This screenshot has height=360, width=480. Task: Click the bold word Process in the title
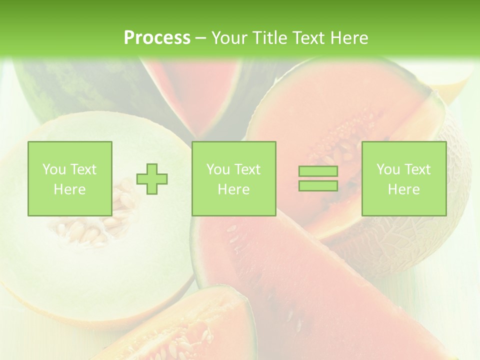tap(157, 37)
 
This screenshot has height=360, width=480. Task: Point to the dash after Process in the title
tap(201, 38)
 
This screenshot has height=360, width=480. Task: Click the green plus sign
tap(152, 178)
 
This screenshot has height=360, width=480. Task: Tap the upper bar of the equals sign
tap(318, 171)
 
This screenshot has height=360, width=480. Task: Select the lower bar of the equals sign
tap(318, 185)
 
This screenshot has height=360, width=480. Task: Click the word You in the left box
tap(54, 169)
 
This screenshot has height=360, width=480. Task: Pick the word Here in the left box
tap(69, 189)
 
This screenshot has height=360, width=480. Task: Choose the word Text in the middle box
tap(247, 169)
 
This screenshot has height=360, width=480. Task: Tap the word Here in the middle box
tap(233, 189)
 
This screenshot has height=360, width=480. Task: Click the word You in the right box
tap(388, 169)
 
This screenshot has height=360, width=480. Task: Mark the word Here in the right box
tap(403, 189)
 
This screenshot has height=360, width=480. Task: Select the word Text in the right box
tap(417, 169)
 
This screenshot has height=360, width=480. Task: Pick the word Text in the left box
tap(83, 169)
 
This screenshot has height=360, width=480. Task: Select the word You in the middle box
tap(218, 169)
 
